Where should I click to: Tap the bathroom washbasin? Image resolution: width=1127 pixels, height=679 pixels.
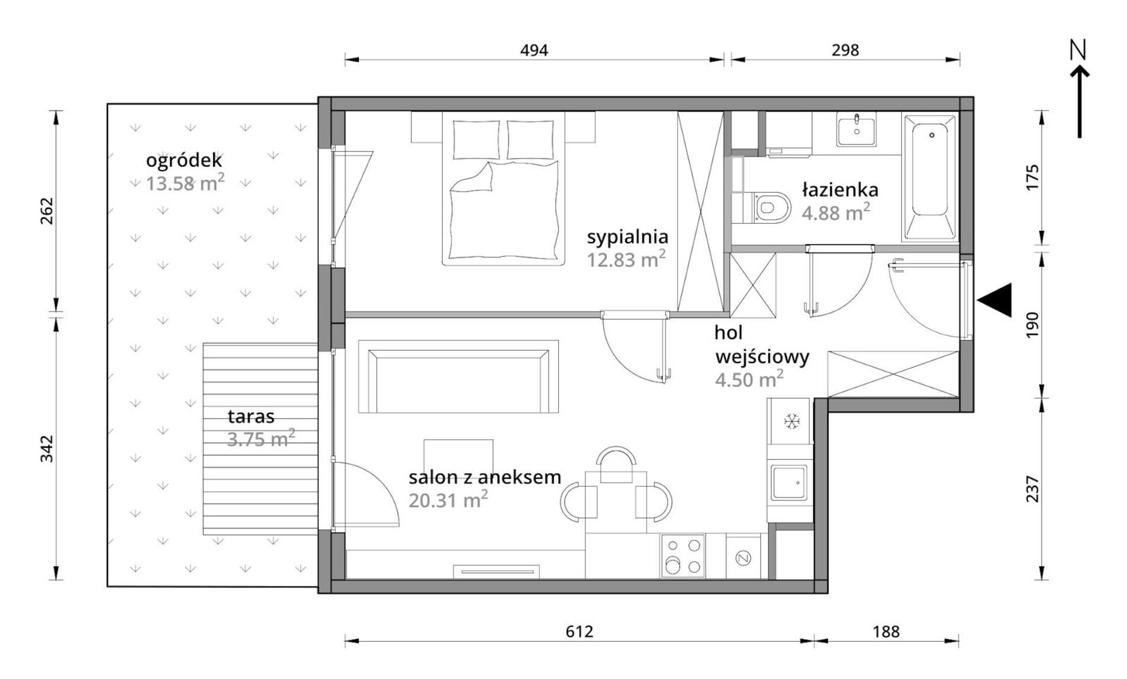pos(856,131)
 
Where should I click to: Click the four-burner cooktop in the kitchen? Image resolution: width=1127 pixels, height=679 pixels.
pos(683,556)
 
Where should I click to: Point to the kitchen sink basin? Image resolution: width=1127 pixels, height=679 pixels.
pos(789,482)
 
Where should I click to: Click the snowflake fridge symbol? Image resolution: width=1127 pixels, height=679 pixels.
pos(791,421)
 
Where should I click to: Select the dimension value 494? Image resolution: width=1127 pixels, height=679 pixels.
pos(534,50)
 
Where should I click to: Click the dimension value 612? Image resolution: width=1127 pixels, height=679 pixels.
pos(579,631)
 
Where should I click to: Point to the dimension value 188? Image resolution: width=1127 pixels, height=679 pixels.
pos(886,631)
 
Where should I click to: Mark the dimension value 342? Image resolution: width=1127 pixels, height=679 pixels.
pos(47,449)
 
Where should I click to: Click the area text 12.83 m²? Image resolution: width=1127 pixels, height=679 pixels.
pos(626,259)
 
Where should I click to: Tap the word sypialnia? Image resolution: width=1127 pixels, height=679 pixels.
pos(628,237)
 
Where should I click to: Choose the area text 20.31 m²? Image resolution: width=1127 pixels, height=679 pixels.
pos(448,500)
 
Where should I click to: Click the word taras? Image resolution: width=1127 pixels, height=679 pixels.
pos(251,417)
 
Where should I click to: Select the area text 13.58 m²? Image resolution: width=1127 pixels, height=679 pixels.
pos(185,183)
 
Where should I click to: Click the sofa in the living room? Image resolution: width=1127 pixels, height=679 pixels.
pos(458,376)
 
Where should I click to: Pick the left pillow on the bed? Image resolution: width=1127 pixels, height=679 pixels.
pos(476,139)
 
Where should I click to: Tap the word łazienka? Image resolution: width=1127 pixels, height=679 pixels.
pos(840,190)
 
